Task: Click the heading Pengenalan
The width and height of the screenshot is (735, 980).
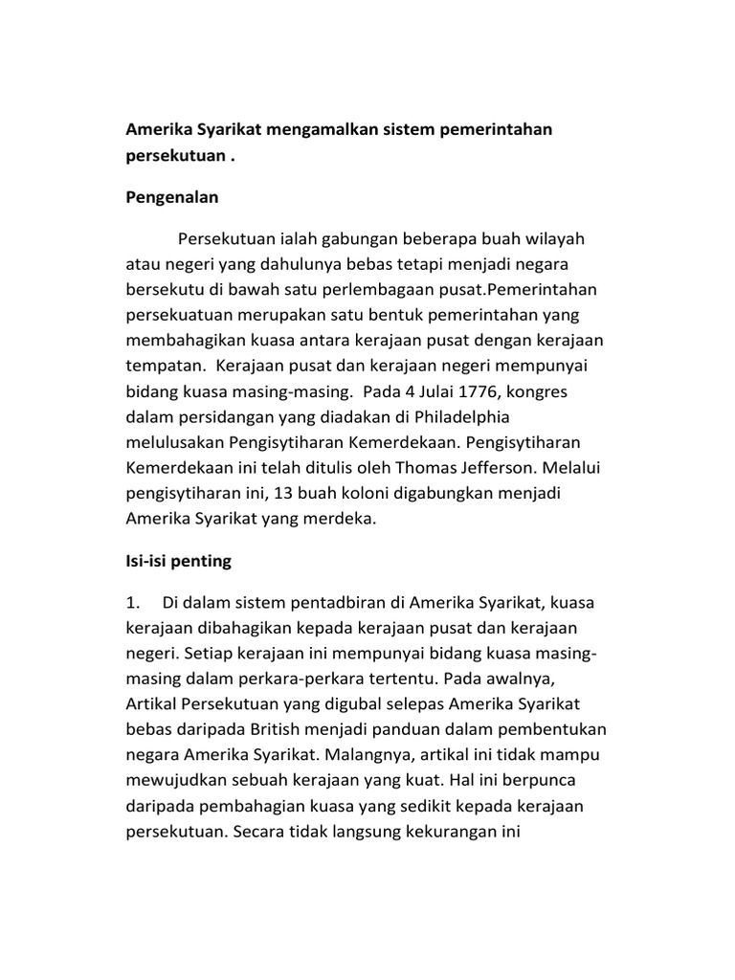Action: click(x=172, y=198)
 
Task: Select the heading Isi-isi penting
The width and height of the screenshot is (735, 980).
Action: click(x=179, y=561)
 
